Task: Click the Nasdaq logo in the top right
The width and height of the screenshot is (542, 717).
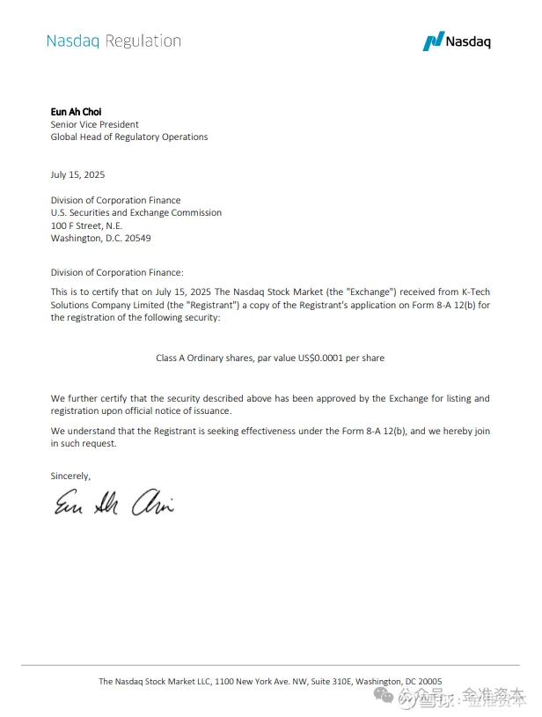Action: point(457,41)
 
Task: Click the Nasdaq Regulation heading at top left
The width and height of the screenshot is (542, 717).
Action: point(114,41)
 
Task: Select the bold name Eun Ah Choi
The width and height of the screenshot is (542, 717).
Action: point(77,112)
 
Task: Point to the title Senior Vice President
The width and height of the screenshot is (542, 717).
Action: point(94,124)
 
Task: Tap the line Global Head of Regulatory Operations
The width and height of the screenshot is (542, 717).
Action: point(129,137)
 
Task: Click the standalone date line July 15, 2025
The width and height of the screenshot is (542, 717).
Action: point(77,174)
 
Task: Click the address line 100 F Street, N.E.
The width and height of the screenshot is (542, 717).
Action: point(86,225)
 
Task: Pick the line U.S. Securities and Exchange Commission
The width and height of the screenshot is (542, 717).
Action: point(136,212)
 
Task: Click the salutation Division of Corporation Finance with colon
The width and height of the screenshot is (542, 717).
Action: point(117,273)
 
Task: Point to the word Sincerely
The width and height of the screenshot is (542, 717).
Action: point(70,476)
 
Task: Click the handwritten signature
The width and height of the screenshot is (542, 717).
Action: point(114,505)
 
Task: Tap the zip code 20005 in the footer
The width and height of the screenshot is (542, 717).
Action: point(426,681)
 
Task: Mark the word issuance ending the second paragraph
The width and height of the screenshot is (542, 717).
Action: point(212,411)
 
